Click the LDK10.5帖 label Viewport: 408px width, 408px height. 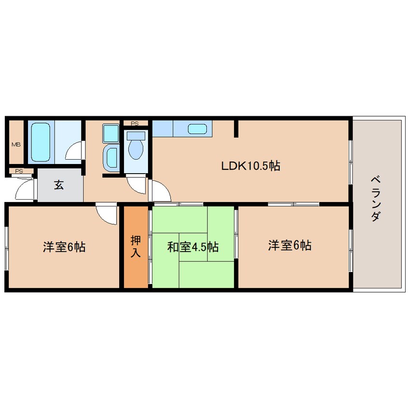[x=250, y=166]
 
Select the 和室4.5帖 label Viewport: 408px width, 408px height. [x=193, y=247]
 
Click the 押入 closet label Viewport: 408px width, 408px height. [x=136, y=246]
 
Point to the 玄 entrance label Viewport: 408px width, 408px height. [x=59, y=185]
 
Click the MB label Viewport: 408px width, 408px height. [x=16, y=144]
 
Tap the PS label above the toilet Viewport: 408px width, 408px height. [x=135, y=123]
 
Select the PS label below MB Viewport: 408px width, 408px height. [x=19, y=171]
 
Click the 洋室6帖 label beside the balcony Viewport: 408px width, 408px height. [x=289, y=246]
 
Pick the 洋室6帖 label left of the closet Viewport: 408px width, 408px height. [x=64, y=247]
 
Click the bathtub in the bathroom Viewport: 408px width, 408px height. [x=41, y=142]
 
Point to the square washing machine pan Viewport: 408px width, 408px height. [x=111, y=133]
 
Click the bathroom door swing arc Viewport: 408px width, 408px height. [x=74, y=152]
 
